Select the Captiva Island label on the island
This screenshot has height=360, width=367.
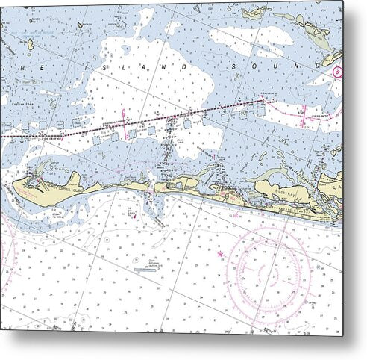[x=58, y=188]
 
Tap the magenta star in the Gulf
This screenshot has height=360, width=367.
[x=220, y=255]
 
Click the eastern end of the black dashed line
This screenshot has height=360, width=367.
[x=263, y=99]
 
